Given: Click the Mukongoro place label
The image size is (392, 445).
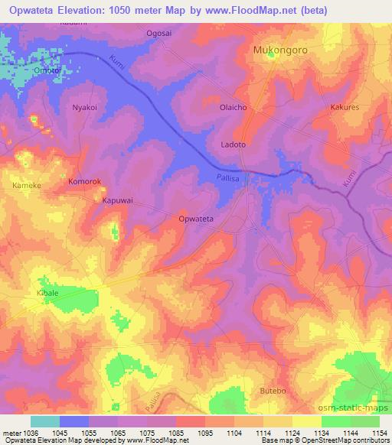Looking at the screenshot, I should (283, 51).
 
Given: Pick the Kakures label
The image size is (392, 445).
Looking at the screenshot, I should (345, 109).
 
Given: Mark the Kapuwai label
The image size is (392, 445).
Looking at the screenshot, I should (118, 201).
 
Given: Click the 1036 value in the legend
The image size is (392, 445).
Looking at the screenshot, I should (28, 433).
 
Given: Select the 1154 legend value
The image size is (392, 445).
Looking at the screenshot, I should (379, 433).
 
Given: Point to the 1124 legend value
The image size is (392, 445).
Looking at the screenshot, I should (292, 433).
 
